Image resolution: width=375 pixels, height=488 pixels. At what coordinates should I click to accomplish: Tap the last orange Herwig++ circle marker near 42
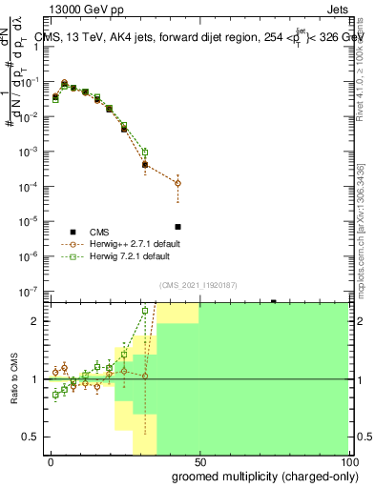(x=177, y=183)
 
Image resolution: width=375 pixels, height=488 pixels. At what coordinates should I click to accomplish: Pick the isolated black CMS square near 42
(x=177, y=227)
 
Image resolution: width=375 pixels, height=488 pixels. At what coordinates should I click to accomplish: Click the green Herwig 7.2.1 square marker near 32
(x=145, y=152)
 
